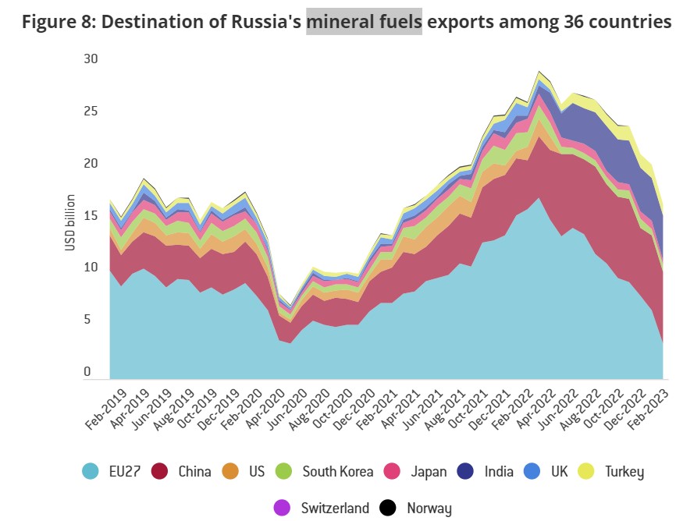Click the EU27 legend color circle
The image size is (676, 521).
coord(91,471)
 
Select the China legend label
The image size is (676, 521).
coord(194,471)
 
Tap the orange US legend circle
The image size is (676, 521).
coord(230,471)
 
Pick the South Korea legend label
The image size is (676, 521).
coord(337,471)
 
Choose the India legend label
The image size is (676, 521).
coord(499,471)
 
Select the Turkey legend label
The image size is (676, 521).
coord(621,471)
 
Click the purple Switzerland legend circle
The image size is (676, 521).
coord(283,508)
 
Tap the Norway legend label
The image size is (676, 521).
coord(429,508)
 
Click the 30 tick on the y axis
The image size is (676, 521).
coord(92,58)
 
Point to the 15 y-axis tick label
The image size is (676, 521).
coord(92,215)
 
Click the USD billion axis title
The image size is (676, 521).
coord(69,222)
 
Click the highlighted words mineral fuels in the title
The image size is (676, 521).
coord(364,22)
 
